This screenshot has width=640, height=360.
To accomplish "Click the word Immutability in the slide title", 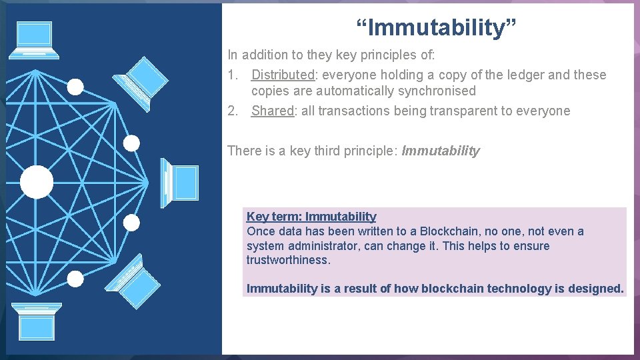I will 435,27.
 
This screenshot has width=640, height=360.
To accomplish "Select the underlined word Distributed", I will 282,75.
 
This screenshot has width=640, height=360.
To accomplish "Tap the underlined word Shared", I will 272,111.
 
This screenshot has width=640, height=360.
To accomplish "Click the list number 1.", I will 232,75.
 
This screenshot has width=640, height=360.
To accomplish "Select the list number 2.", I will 232,111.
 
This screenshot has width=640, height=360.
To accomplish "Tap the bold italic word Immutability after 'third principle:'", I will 440,151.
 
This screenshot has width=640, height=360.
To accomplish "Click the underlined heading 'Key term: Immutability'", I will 311,217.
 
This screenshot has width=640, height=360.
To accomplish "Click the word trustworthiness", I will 288,260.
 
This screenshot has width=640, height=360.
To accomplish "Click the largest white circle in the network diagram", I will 37,182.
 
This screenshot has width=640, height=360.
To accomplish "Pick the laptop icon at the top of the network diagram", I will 35,39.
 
